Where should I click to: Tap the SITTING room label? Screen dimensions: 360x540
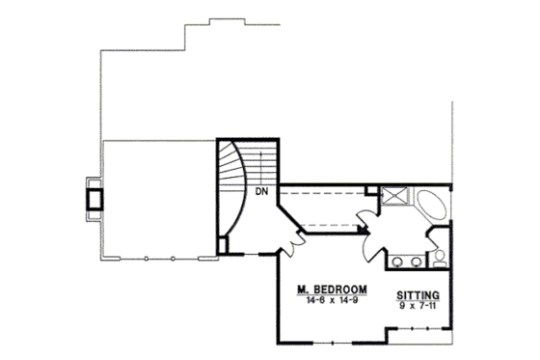click(418, 295)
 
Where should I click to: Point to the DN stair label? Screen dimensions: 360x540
click(260, 190)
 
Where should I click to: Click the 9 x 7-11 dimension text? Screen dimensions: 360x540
click(418, 307)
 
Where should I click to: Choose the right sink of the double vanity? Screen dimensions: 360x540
click(417, 261)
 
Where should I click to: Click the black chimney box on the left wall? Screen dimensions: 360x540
click(94, 197)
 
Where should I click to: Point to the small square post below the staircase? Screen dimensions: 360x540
click(223, 243)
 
